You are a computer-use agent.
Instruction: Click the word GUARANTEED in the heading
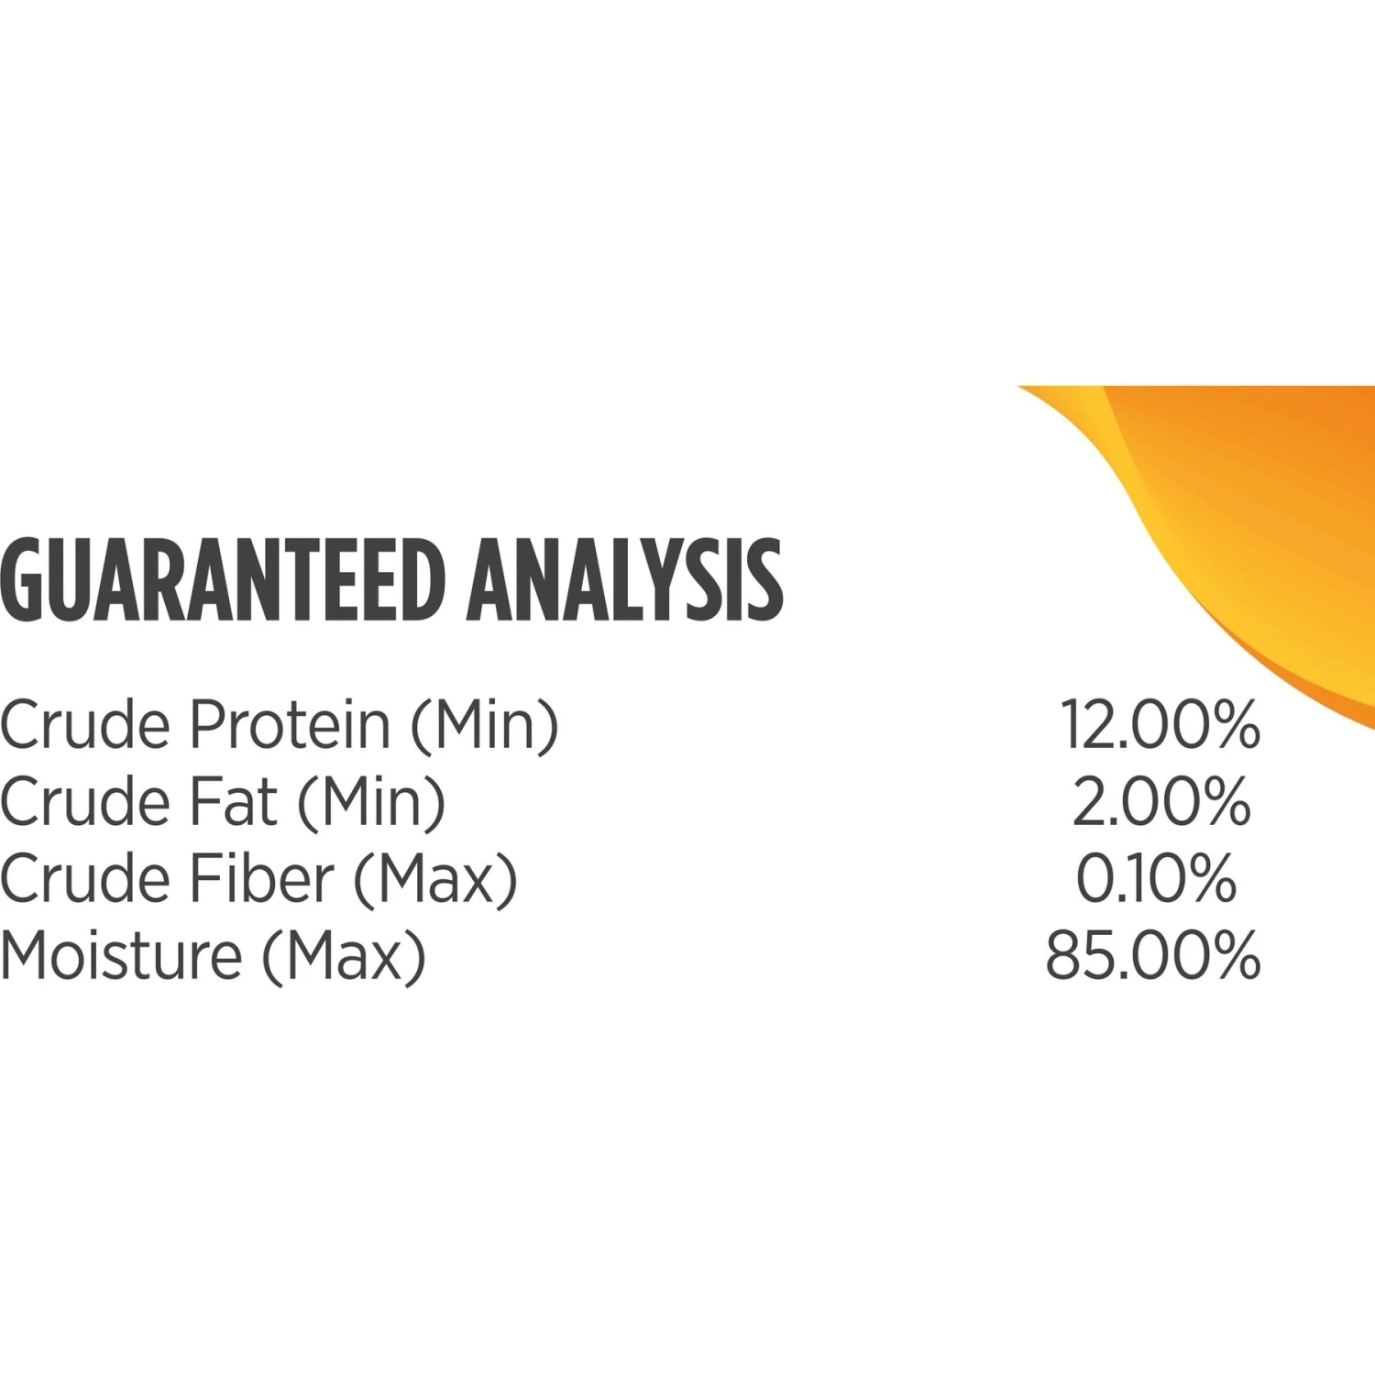(222, 580)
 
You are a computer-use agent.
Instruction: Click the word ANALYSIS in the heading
(624, 580)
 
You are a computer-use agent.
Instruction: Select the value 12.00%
(1160, 724)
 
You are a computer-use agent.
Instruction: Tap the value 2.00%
(1161, 801)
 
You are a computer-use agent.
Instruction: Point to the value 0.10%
(1156, 878)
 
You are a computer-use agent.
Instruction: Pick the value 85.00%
(1153, 955)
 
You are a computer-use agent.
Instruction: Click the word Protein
(291, 724)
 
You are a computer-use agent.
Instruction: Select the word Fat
(234, 801)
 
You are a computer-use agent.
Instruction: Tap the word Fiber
(262, 878)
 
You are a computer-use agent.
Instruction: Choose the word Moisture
(121, 955)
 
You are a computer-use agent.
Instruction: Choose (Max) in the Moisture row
(345, 957)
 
